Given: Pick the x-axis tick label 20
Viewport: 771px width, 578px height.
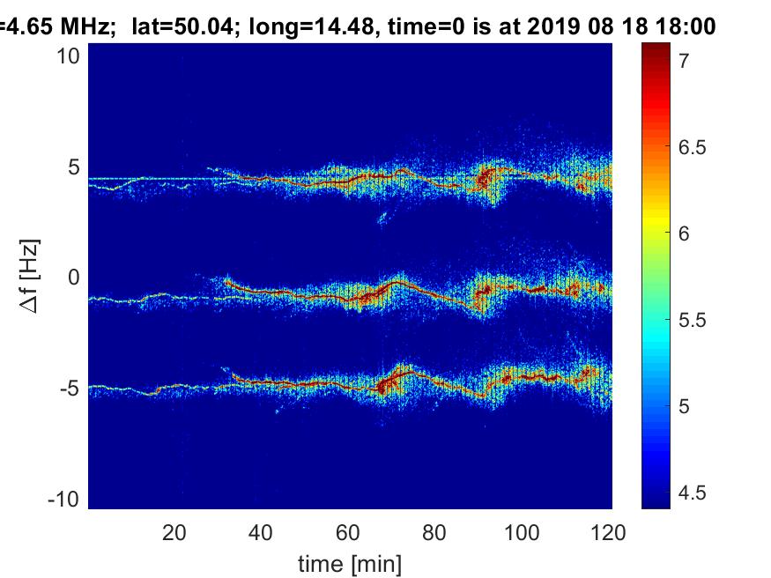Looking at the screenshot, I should point(174,532).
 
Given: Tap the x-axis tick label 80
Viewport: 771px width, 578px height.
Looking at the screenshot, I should point(435,532).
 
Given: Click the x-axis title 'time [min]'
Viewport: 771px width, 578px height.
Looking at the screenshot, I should point(350,561).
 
